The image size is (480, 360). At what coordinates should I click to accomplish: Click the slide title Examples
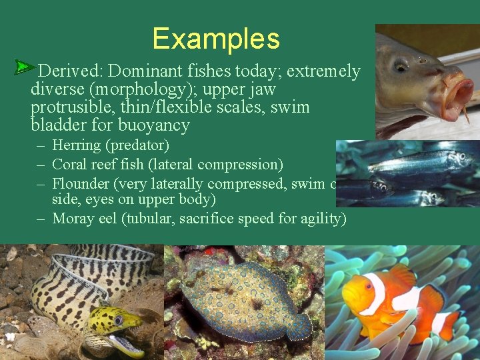tap(216, 39)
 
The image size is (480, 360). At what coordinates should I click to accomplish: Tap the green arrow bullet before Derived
tap(25, 67)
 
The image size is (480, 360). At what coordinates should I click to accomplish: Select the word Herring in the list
tap(77, 145)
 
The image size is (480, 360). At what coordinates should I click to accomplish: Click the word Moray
tap(71, 218)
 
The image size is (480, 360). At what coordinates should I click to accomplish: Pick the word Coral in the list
tap(68, 164)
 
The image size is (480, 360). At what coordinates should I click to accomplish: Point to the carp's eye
tap(401, 65)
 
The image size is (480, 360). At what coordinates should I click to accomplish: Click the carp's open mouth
tap(453, 94)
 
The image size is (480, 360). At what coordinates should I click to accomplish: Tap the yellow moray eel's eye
tap(119, 321)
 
